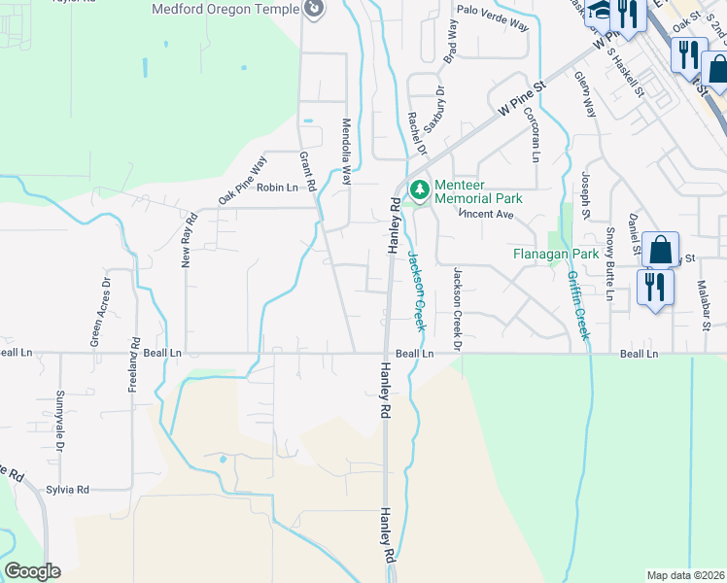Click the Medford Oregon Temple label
pos(226,10)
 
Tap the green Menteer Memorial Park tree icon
pos(419,188)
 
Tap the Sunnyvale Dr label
pos(59,421)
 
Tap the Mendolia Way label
pos(345,152)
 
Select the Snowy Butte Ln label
pos(610,263)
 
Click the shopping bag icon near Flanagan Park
pos(660,250)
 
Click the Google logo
pos(32,571)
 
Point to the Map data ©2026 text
pos(685,575)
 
